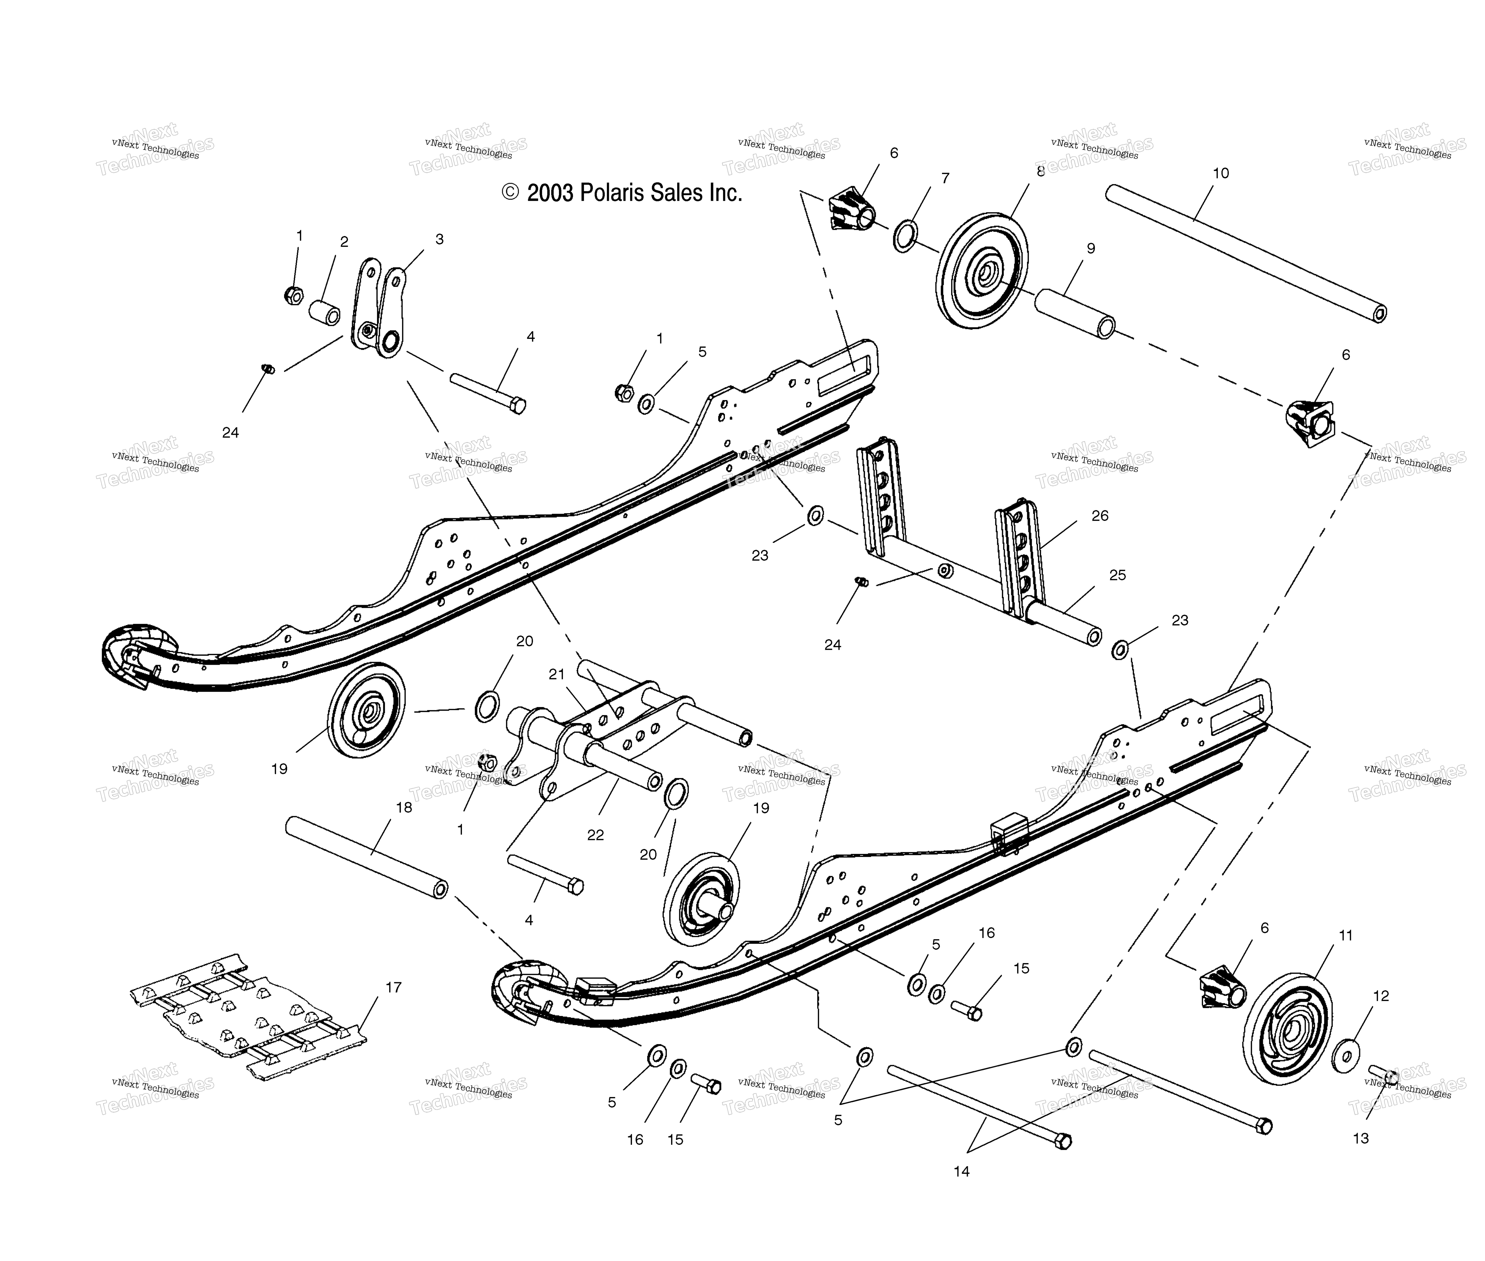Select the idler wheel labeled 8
982,270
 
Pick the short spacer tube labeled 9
1075,314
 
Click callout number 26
1100,515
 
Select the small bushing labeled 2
324,312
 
